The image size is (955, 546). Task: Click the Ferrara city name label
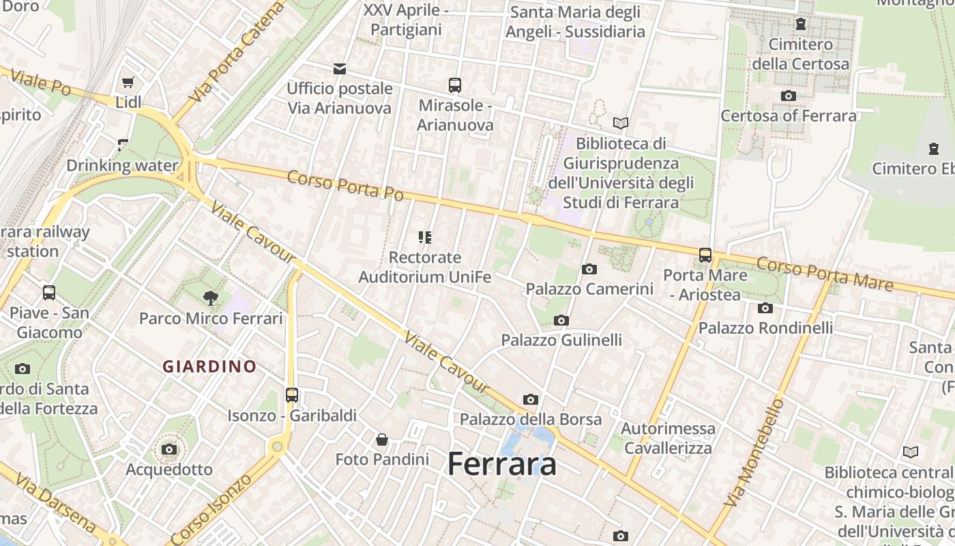coord(502,465)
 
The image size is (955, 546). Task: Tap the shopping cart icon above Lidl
coord(128,83)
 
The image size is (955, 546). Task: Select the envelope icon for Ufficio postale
coord(339,68)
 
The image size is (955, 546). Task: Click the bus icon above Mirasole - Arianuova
coord(455,85)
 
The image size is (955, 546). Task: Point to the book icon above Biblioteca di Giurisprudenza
coord(620,123)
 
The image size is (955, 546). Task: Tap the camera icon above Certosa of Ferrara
coord(789,96)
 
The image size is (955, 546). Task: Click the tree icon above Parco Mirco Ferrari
coord(211,298)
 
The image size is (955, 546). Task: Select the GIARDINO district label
coord(209,367)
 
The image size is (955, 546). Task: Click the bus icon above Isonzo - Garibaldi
coord(292,394)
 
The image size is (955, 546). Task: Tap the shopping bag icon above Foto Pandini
coord(382,439)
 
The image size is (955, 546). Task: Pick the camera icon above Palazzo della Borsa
coord(531,399)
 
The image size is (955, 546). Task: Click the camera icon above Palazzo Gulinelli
coord(561,320)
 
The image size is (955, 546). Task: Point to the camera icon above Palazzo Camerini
coord(589,269)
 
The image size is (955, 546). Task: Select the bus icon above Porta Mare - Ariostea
coord(705,255)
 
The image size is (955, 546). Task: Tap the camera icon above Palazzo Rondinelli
coord(765,308)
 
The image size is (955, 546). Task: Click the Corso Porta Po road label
coord(345,185)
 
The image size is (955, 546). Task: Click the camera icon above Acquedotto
coord(169,449)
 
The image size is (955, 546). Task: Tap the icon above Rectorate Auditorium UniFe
coord(425,238)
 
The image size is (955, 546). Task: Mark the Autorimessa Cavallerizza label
coord(668,438)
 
